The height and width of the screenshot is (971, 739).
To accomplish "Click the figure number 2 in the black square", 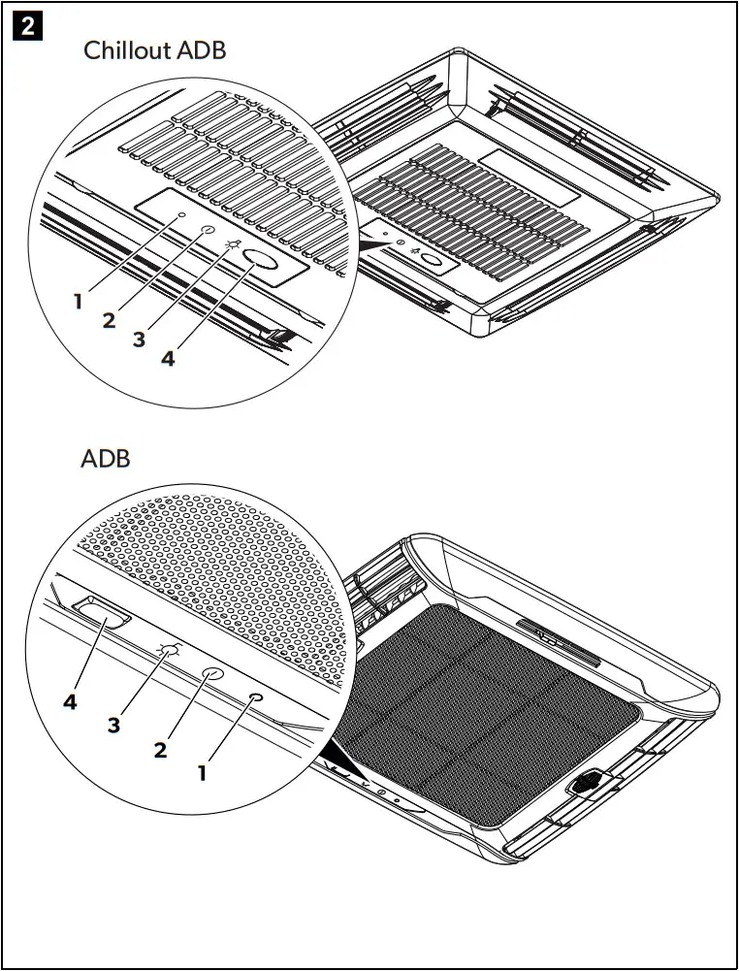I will pos(26,26).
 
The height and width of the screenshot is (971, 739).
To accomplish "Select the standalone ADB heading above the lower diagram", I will pos(105,459).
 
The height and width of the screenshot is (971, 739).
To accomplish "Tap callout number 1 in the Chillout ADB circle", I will pos(78,302).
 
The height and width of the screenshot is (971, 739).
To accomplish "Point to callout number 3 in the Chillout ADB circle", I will pos(139,340).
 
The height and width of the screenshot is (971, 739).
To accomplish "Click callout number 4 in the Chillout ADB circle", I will pos(168,358).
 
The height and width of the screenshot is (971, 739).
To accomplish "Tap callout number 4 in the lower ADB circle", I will pos(70,702).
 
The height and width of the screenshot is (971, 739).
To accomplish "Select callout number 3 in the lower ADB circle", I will pos(114,725).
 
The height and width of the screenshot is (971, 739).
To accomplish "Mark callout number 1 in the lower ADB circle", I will pos(203,772).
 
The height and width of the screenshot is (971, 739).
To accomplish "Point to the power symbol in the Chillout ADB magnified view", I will pos(206,232).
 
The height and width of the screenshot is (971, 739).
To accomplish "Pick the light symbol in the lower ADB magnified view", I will pos(169,651).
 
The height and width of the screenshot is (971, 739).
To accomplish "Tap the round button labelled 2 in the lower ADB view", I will pos(212,674).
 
